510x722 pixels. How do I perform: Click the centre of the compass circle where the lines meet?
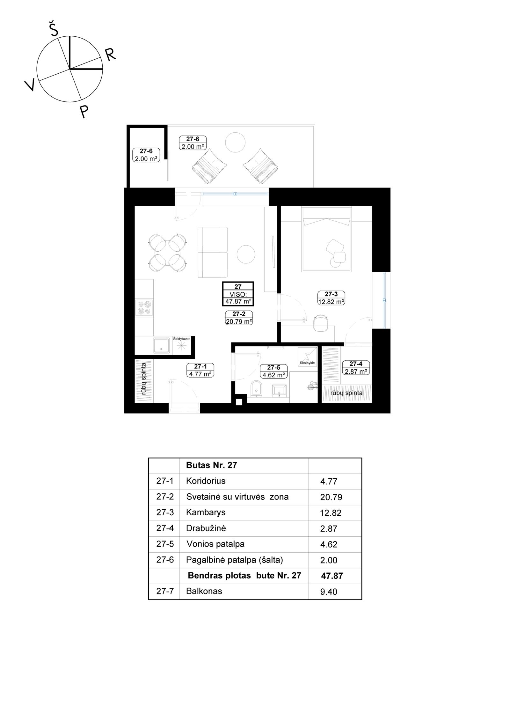pyautogui.click(x=70, y=69)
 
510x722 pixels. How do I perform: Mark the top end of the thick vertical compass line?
pyautogui.click(x=70, y=36)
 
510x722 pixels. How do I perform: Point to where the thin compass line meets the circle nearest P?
pyautogui.click(x=81, y=100)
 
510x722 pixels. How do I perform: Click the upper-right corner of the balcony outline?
pyautogui.click(x=315, y=125)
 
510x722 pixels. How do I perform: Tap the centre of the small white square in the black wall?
pyautogui.click(x=239, y=402)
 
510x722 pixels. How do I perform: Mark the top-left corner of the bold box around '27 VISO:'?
pyautogui.click(x=222, y=282)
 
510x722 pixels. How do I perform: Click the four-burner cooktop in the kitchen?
pyautogui.click(x=144, y=308)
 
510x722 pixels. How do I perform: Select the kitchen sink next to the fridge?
pyautogui.click(x=161, y=346)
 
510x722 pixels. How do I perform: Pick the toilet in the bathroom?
pyautogui.click(x=256, y=389)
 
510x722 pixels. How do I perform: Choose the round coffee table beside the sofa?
pyautogui.click(x=246, y=254)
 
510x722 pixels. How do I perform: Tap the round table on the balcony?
pyautogui.click(x=235, y=142)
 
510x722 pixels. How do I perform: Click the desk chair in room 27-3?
pyautogui.click(x=321, y=323)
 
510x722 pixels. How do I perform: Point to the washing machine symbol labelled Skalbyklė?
pyautogui.click(x=308, y=357)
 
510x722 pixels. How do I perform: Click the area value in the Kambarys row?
pyautogui.click(x=331, y=513)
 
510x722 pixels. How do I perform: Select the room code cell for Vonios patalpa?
pyautogui.click(x=165, y=544)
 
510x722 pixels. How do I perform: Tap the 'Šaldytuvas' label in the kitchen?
pyautogui.click(x=182, y=339)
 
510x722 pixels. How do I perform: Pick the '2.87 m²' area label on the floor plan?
pyautogui.click(x=356, y=372)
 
